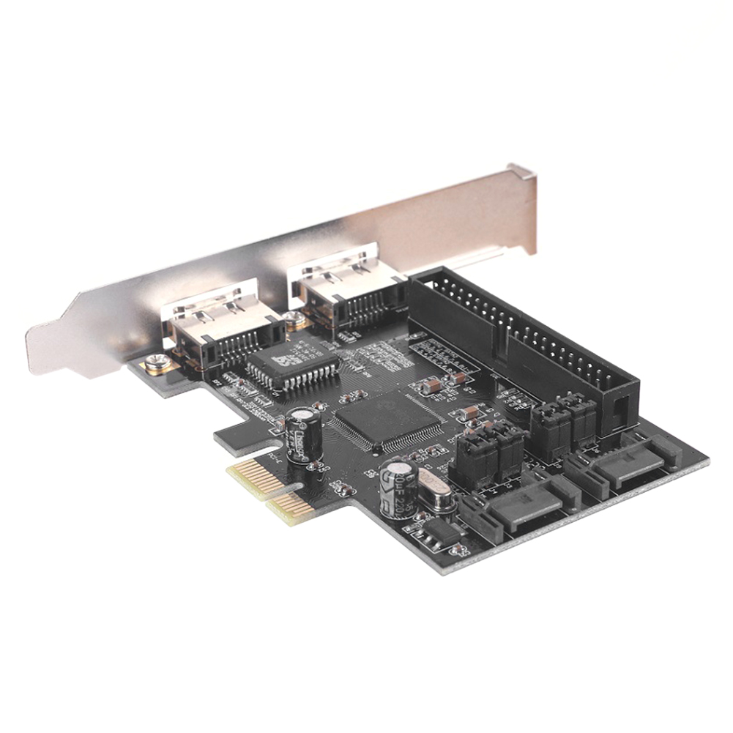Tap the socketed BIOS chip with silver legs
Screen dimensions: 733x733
[x=292, y=364]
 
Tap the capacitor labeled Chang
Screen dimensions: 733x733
[x=304, y=434]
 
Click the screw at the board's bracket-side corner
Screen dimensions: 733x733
[x=156, y=363]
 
